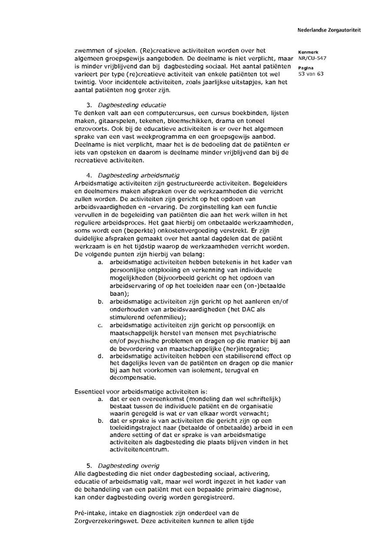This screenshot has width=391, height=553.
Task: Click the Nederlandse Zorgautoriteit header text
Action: pos(329,30)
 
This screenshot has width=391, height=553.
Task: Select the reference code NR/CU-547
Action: pos(312,58)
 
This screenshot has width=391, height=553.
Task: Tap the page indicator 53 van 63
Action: pos(311,74)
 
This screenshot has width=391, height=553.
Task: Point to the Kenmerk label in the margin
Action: pos(308,52)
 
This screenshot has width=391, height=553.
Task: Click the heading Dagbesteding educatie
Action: pos(132,105)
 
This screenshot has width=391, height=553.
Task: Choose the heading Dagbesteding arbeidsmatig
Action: pos(138,176)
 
